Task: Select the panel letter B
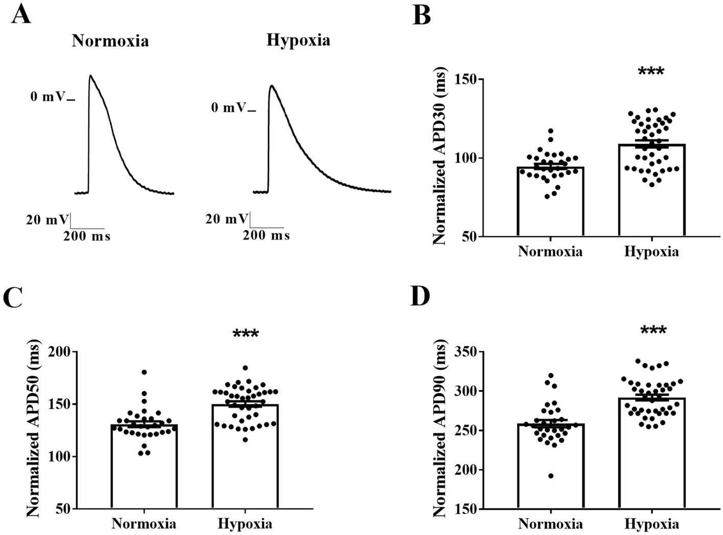coord(421,16)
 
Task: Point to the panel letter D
coord(421,297)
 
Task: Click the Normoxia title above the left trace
coord(110,41)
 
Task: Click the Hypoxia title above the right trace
coord(298,40)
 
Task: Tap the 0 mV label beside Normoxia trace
coord(48,96)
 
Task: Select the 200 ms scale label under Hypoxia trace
coord(266,235)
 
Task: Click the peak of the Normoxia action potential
coord(90,76)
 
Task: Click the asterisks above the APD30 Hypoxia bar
coord(651,71)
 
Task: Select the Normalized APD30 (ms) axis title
coord(439,158)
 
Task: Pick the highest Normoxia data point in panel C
coord(144,372)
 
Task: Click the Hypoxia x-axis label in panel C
coord(245,524)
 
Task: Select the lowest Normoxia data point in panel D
coord(550,476)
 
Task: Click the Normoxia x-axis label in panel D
coord(550,524)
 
